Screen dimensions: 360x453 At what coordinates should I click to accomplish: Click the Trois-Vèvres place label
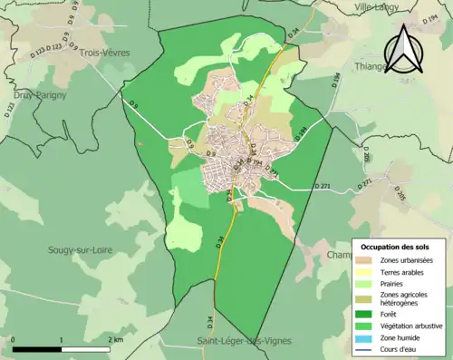coord(104,53)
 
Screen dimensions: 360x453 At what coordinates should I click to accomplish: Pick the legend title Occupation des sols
coord(397,247)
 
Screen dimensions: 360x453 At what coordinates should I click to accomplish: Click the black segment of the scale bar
coord(37,349)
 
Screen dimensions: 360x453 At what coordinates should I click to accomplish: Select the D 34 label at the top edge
coord(293,33)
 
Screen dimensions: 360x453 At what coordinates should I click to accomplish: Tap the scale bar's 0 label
coord(14,340)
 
